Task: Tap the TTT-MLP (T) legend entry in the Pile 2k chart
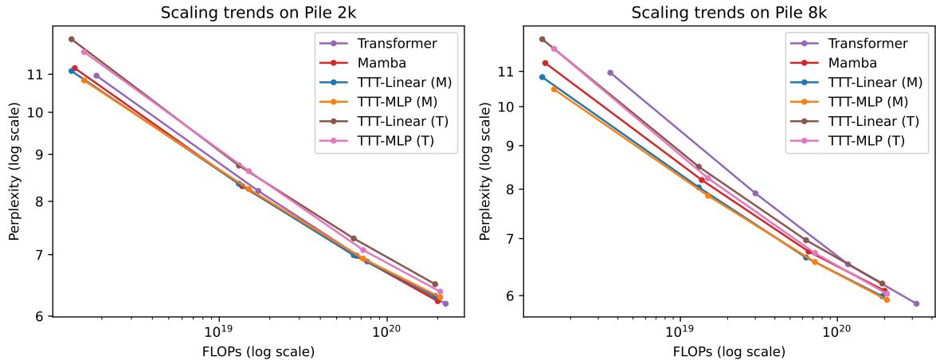(395, 142)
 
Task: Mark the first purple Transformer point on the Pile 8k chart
(610, 73)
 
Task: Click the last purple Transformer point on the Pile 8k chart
(916, 303)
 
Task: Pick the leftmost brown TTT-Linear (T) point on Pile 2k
(71, 39)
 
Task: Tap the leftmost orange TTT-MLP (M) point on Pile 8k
(554, 89)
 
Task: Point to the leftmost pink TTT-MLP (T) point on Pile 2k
(84, 52)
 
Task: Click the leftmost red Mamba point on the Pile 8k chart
(546, 63)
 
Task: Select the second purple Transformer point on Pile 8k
(755, 194)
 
